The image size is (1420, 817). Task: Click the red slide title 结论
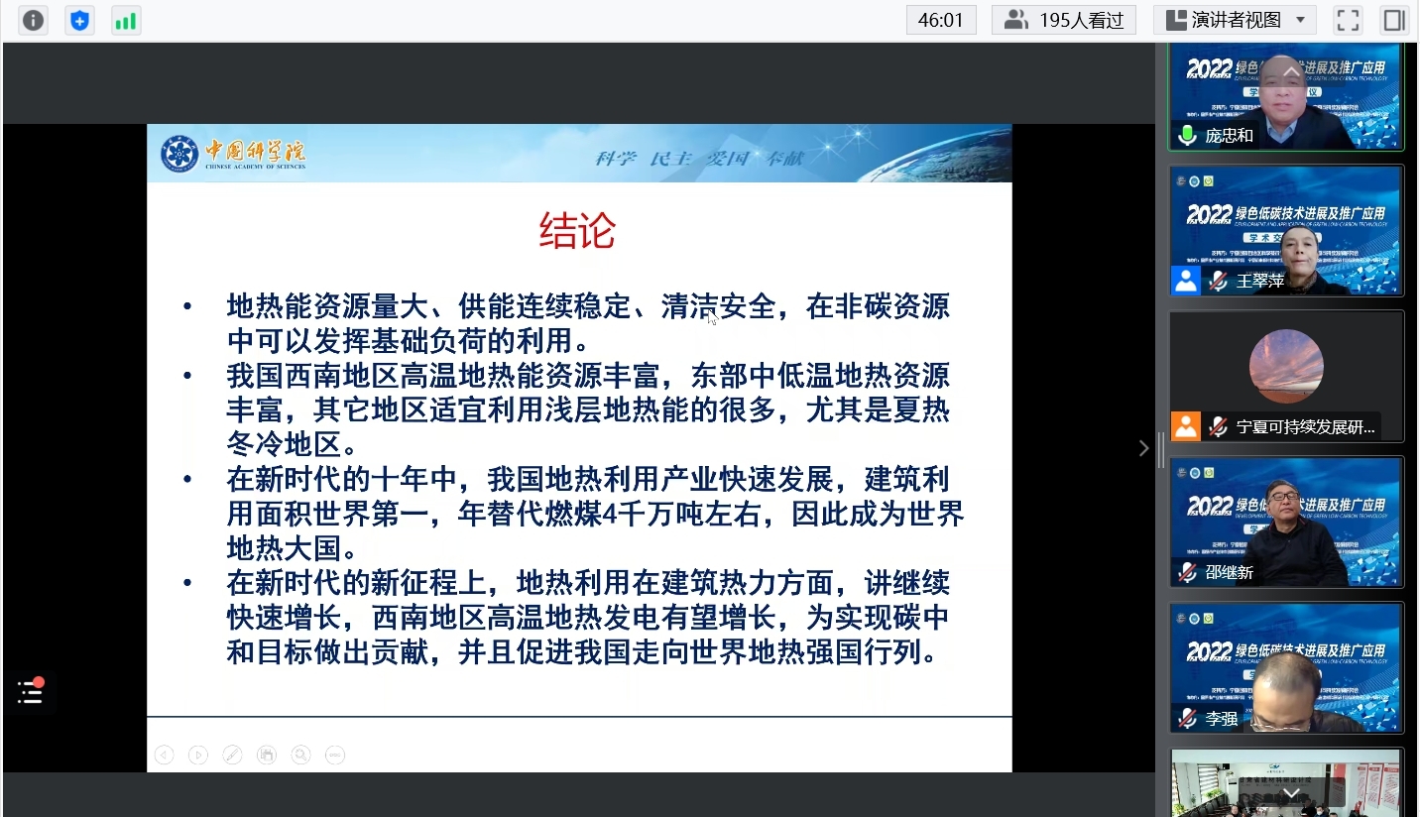tap(577, 232)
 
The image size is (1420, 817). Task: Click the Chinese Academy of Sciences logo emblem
tap(179, 154)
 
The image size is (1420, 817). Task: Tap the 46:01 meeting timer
tap(940, 20)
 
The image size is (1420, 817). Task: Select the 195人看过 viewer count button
tap(1064, 20)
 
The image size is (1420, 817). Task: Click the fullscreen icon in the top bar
tap(1348, 20)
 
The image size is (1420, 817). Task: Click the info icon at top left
tap(34, 20)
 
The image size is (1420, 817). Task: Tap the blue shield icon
tap(79, 20)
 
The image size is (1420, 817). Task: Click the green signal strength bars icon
tap(125, 20)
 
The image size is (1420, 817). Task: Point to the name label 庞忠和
tap(1230, 136)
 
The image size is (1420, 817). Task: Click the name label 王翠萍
tap(1260, 282)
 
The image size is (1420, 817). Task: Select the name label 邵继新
tap(1230, 572)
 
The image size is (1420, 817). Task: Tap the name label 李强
tap(1222, 719)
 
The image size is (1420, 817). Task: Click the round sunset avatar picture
tap(1285, 366)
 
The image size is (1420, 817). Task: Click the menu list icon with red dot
tap(30, 692)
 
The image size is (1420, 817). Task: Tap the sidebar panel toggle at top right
tap(1394, 20)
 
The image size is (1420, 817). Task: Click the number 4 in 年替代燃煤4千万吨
tap(610, 514)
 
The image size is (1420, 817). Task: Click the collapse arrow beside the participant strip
tap(1143, 448)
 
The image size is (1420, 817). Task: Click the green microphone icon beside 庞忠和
tap(1187, 135)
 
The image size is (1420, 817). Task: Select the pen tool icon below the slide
tap(232, 755)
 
